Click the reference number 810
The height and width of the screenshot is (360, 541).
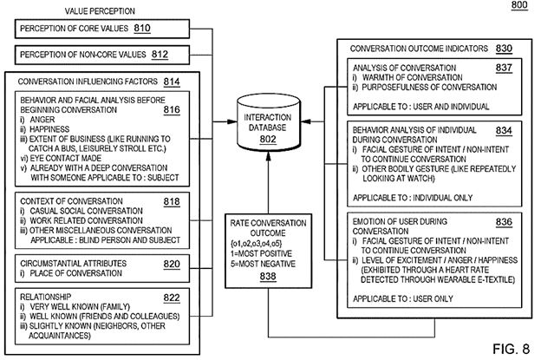pos(142,29)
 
